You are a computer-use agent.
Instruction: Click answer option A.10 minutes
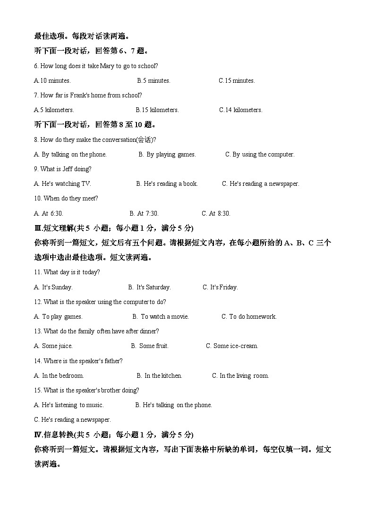(52, 81)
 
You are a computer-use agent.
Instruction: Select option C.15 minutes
(237, 81)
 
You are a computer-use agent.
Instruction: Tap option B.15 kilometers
(157, 110)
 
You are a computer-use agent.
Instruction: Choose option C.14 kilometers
(240, 110)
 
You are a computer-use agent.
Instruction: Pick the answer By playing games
(167, 155)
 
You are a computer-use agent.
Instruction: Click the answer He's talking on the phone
(173, 405)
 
